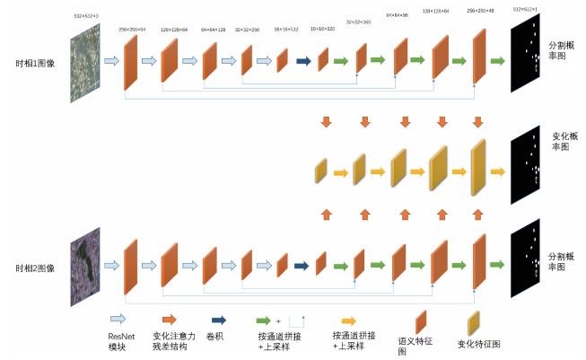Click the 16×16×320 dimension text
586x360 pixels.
click(x=323, y=30)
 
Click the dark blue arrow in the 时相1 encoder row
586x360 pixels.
click(x=302, y=62)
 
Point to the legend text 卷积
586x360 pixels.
click(x=217, y=334)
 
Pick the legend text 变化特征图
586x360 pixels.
click(x=477, y=343)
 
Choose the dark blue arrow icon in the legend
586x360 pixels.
click(x=217, y=319)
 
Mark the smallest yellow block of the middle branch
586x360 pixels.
click(x=320, y=169)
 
